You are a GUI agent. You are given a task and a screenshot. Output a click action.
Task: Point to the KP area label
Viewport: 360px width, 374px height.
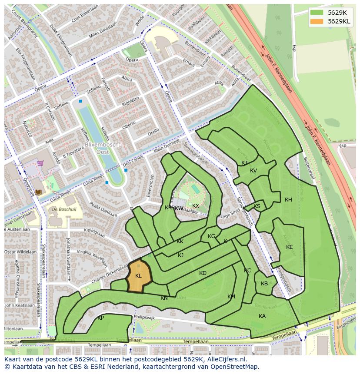click(x=100, y=318)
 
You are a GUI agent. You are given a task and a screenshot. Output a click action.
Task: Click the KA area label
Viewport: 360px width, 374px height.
click(x=262, y=316)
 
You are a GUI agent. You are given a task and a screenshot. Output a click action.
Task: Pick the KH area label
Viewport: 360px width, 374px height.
click(x=288, y=200)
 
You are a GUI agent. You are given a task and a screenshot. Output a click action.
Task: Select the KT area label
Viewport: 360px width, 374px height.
click(x=244, y=163)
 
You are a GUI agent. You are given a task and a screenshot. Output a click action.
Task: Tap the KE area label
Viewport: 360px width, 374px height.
click(x=289, y=247)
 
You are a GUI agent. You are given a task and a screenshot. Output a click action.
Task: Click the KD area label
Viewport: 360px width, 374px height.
click(x=203, y=273)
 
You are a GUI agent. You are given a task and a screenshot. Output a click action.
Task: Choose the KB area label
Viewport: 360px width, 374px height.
click(x=264, y=284)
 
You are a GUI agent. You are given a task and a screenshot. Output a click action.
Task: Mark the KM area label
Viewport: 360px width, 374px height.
click(x=231, y=297)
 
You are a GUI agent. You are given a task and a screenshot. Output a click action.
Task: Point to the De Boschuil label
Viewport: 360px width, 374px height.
click(x=64, y=209)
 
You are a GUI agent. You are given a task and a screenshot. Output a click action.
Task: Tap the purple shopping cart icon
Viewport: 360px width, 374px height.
click(x=40, y=163)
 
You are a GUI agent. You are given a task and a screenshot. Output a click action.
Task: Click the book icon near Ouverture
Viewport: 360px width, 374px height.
click(x=38, y=192)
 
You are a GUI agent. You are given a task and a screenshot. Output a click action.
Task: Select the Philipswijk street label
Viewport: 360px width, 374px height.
click(x=145, y=318)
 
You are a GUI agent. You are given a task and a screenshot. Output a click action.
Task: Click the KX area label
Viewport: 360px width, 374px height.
click(x=196, y=206)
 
